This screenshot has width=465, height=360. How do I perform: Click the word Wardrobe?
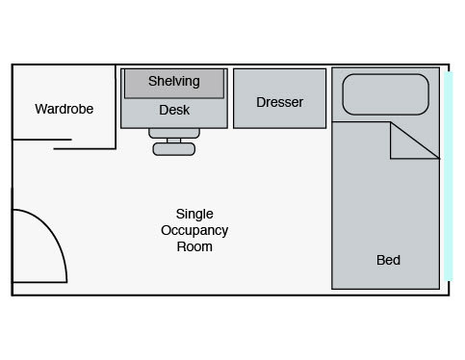point(65,109)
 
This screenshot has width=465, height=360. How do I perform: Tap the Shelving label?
point(174,81)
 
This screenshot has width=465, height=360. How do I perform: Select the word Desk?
point(174,110)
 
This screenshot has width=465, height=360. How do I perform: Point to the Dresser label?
point(279,102)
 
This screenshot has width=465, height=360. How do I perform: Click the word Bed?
point(388,260)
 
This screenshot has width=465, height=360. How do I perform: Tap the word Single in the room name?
point(194,214)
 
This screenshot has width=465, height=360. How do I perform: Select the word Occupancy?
point(194,231)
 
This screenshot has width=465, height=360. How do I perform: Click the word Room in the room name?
point(194,246)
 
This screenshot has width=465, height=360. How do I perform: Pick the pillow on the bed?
point(386,94)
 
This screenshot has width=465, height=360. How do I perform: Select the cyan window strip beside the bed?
point(449,176)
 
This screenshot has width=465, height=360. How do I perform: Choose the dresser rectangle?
point(280,98)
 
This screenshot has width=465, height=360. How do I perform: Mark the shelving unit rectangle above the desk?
point(174,84)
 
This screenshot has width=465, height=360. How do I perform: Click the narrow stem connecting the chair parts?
point(174,141)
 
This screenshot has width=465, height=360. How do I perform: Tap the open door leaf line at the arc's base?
point(39,282)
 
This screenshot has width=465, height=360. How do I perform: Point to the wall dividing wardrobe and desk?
point(116,107)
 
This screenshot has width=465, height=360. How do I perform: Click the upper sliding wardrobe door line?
point(42,140)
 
